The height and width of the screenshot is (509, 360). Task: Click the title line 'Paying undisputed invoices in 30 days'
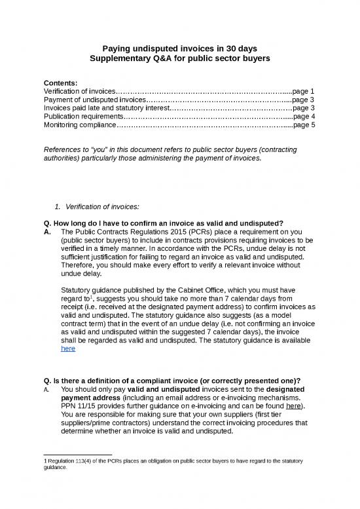[x=180, y=48]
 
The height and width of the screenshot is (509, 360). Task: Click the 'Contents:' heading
[x=60, y=83]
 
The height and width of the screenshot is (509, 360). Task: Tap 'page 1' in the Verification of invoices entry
[x=304, y=91]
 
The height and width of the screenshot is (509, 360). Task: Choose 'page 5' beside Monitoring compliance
[x=304, y=125]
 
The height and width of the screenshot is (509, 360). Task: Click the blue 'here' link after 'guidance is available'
[x=67, y=349]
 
